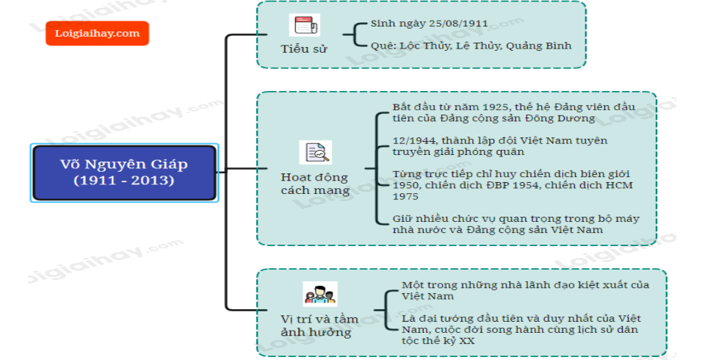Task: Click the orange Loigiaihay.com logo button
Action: point(97,33)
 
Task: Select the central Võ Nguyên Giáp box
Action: point(124,173)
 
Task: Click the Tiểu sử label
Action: point(304,49)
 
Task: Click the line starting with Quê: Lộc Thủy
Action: point(471,46)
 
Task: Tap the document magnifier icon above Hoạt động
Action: point(316,153)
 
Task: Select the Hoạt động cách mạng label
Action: point(314,184)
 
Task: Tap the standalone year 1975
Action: point(406,196)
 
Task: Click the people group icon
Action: point(319,294)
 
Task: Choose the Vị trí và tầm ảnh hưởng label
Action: point(319,325)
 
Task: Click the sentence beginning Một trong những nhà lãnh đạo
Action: point(524,289)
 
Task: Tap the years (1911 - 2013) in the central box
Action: point(124,180)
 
